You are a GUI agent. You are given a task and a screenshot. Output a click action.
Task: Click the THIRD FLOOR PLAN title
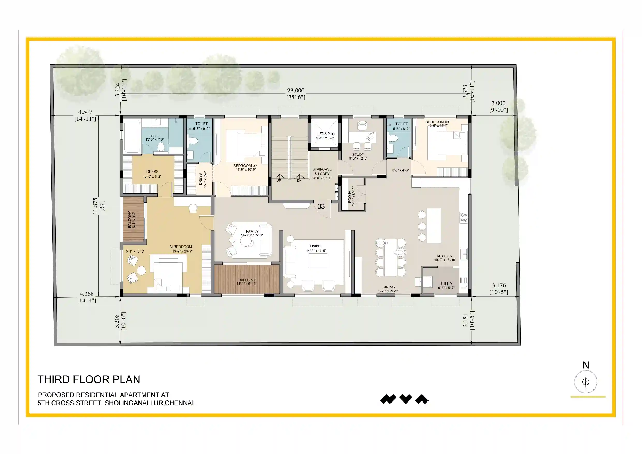[89, 379]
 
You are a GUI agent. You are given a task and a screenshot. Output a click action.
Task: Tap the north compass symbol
[586, 382]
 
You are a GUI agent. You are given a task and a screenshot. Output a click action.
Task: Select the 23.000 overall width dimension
[296, 91]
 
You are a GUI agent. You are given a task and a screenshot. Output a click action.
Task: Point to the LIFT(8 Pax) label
[326, 134]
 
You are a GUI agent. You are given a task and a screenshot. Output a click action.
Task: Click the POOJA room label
[350, 197]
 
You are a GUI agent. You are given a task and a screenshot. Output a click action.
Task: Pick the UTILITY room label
[446, 284]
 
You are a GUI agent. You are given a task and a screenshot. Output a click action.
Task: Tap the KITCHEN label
[445, 256]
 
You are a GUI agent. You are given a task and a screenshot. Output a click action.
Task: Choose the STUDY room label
[358, 155]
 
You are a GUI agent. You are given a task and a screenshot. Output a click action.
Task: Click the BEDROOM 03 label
[437, 122]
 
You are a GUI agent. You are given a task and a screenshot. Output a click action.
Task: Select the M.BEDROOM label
[181, 247]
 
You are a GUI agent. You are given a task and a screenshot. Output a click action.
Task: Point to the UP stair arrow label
[279, 181]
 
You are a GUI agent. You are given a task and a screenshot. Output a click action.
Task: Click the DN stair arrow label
[299, 181]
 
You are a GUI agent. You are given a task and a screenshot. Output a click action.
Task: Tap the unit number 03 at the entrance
[321, 206]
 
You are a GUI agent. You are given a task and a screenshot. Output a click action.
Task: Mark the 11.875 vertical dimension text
[95, 206]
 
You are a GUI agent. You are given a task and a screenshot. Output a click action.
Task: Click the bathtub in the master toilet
[132, 137]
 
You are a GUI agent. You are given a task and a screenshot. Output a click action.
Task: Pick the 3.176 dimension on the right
[499, 285]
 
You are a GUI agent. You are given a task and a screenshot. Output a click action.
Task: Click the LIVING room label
[316, 246]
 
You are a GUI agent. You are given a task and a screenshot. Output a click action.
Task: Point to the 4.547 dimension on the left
[85, 112]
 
